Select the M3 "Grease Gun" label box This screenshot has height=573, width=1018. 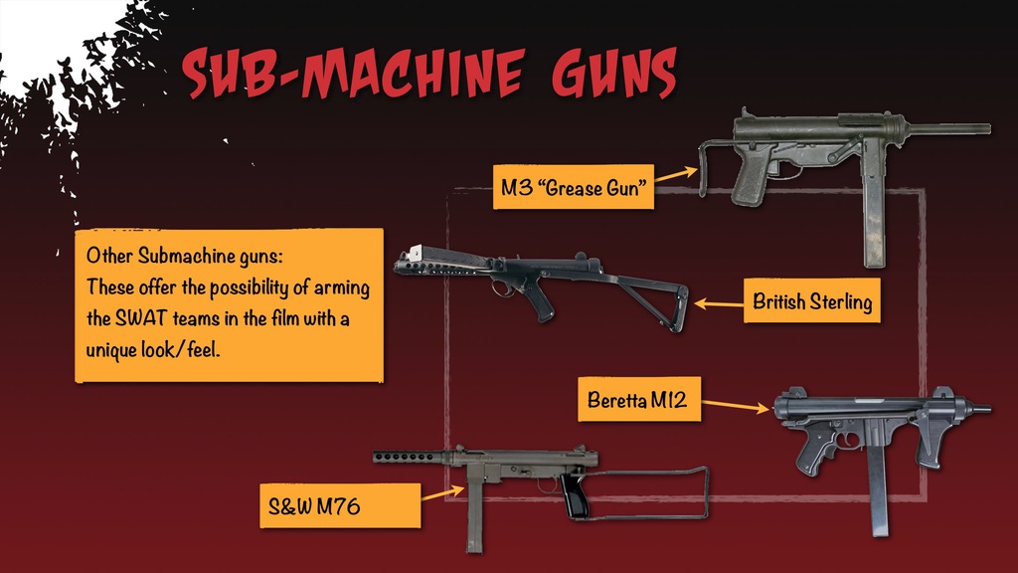[x=574, y=187]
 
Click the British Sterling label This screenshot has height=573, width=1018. [x=811, y=301]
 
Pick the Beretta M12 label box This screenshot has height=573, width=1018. [x=636, y=402]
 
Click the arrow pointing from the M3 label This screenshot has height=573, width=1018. [x=677, y=174]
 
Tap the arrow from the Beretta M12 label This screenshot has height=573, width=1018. [x=737, y=406]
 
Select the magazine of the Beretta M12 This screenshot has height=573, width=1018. [x=878, y=487]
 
